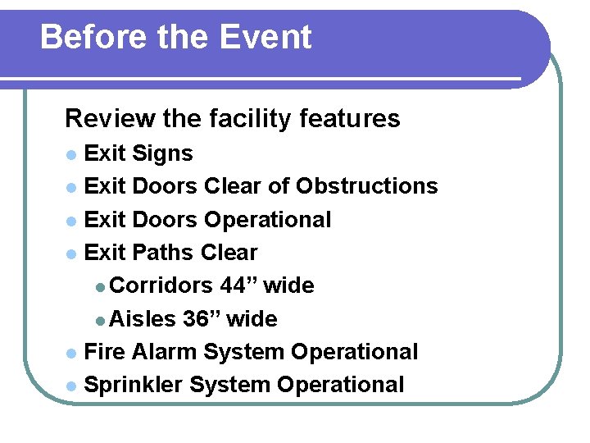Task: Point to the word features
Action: (x=350, y=119)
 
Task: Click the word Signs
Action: (x=162, y=153)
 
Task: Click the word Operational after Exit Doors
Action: (x=267, y=220)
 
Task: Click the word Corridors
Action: (x=161, y=285)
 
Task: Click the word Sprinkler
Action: (x=132, y=384)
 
